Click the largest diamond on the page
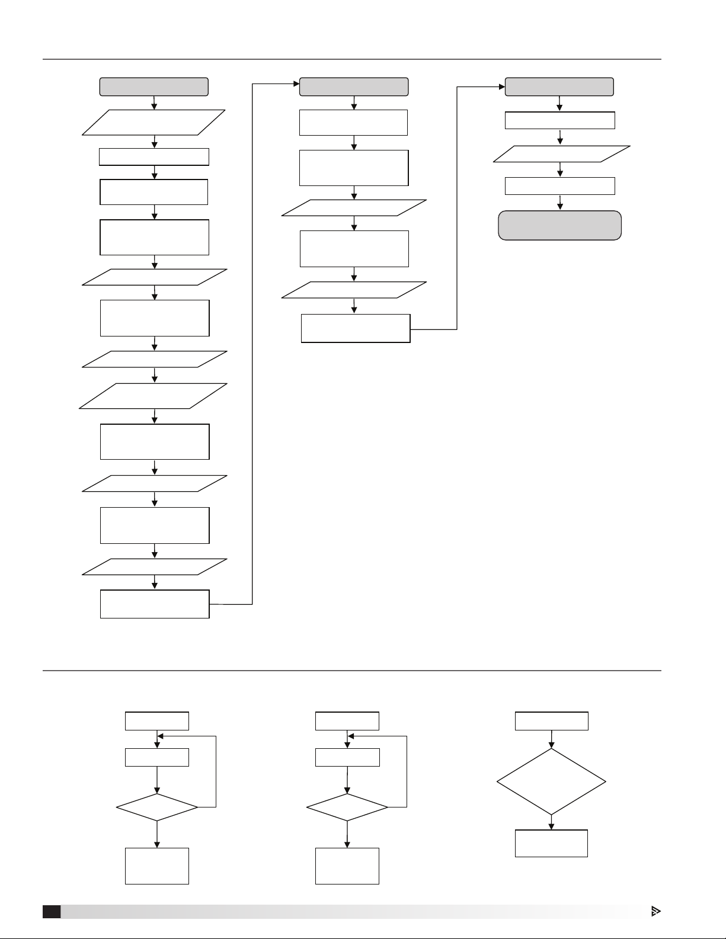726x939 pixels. point(551,781)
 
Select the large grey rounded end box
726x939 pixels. point(559,225)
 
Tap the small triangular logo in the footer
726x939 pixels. point(655,911)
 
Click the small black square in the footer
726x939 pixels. point(51,911)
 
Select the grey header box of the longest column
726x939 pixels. point(154,86)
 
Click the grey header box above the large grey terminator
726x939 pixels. point(559,86)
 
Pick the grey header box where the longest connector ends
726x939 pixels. point(354,86)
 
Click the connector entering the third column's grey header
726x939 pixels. point(457,207)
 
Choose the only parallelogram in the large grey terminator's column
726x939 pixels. point(561,154)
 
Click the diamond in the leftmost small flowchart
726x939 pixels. point(157,807)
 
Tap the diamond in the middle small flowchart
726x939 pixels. point(347,807)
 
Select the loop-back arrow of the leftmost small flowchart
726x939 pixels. point(216,770)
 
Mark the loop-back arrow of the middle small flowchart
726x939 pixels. point(407,770)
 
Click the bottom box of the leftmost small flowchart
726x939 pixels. point(157,866)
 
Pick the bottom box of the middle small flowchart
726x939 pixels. point(347,866)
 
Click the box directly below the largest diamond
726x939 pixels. point(551,843)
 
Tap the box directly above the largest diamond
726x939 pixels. point(551,721)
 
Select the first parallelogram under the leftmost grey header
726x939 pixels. point(154,123)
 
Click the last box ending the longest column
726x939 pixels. point(155,604)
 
